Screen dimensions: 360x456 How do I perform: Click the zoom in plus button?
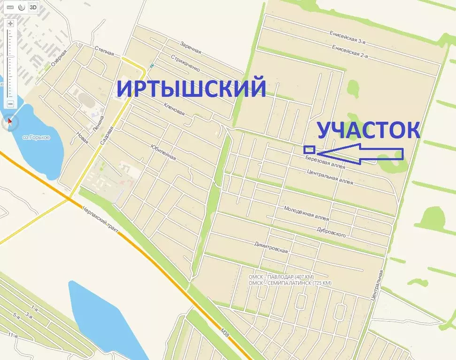pyautogui.click(x=10, y=23)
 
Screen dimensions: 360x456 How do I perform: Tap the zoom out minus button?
pyautogui.click(x=10, y=104)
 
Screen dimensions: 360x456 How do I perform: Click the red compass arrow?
pyautogui.click(x=10, y=123)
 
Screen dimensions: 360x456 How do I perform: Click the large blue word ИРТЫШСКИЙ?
pyautogui.click(x=191, y=88)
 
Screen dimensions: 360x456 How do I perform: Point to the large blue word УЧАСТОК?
pyautogui.click(x=368, y=130)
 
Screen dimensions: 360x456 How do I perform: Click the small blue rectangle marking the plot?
pyautogui.click(x=309, y=150)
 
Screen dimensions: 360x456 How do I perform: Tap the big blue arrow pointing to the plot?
pyautogui.click(x=362, y=153)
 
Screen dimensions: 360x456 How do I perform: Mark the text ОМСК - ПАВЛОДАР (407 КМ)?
pyautogui.click(x=281, y=276)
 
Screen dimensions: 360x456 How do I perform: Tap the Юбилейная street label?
pyautogui.click(x=163, y=151)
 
